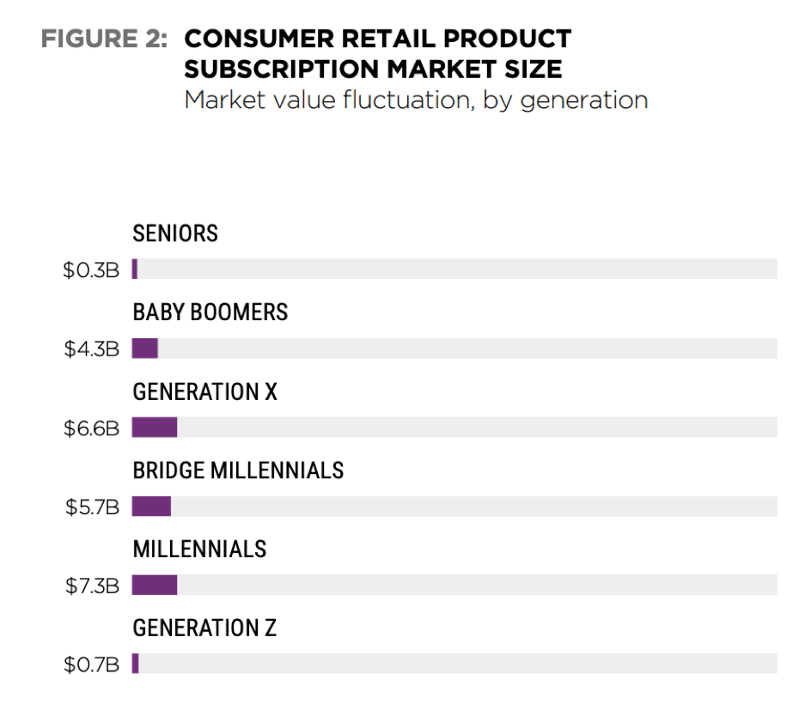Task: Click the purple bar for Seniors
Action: (x=135, y=270)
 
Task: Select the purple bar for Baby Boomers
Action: (x=145, y=349)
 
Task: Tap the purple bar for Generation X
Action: (x=155, y=428)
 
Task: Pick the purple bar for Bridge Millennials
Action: (x=151, y=507)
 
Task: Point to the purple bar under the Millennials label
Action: (x=155, y=586)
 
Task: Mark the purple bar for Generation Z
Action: (x=136, y=664)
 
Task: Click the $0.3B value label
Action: (x=91, y=270)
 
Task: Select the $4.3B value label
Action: (x=91, y=349)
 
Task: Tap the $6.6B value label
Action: (x=91, y=428)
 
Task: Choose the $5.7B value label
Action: (x=92, y=507)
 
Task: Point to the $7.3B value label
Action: (x=92, y=586)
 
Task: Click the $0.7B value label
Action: (x=91, y=665)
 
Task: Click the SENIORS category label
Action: (x=175, y=234)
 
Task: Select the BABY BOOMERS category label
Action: (x=210, y=313)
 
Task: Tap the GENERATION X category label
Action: (x=205, y=392)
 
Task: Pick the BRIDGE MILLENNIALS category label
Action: (x=238, y=470)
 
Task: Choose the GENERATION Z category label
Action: (x=204, y=628)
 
